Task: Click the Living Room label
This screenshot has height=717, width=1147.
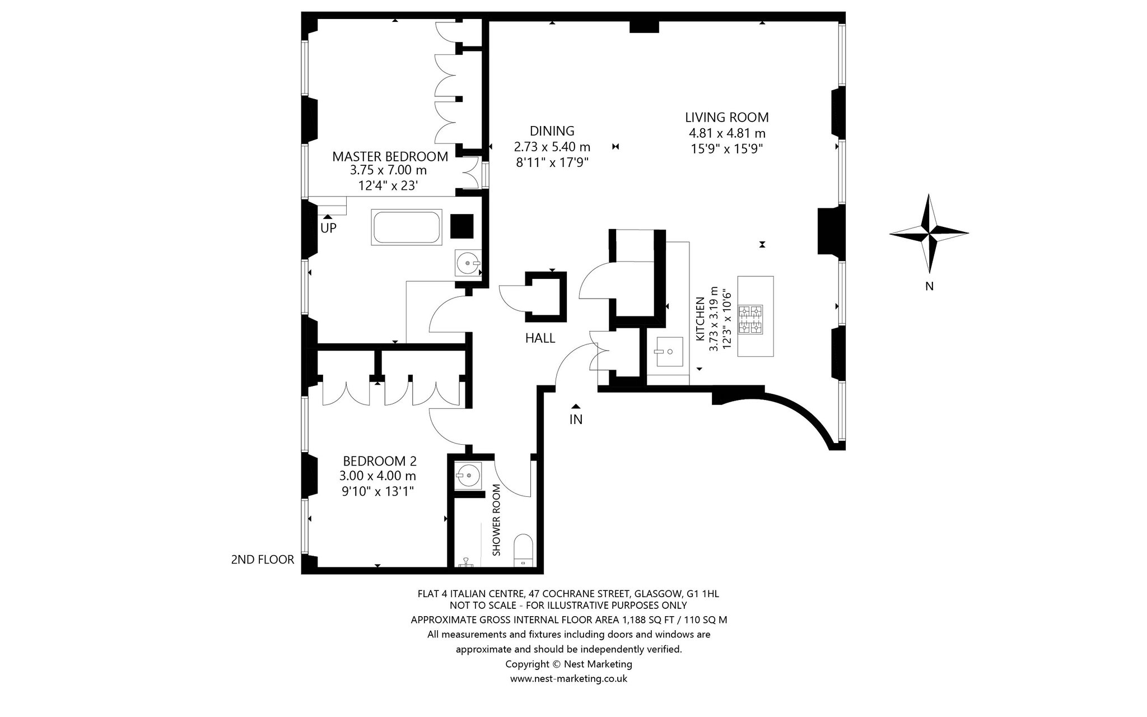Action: pyautogui.click(x=726, y=118)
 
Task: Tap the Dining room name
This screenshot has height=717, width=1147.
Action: pyautogui.click(x=552, y=131)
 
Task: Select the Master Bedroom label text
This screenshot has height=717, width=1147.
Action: pyautogui.click(x=390, y=157)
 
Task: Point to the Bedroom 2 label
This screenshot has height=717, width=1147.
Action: pyautogui.click(x=380, y=461)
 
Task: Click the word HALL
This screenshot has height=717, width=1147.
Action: pyautogui.click(x=540, y=338)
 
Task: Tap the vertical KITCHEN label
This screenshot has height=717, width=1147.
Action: pyautogui.click(x=700, y=319)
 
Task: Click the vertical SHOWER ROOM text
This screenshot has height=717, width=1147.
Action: pyautogui.click(x=496, y=520)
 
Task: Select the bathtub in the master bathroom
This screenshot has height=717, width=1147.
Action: pyautogui.click(x=407, y=227)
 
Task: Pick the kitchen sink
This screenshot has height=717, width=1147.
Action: pyautogui.click(x=668, y=352)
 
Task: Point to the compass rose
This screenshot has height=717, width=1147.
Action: pyautogui.click(x=929, y=232)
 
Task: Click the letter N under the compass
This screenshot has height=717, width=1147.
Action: pyautogui.click(x=929, y=286)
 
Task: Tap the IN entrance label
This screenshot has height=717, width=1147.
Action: pyautogui.click(x=576, y=420)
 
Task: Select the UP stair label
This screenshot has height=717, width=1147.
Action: pyautogui.click(x=328, y=229)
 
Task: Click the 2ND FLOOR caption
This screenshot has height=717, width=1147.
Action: pyautogui.click(x=263, y=559)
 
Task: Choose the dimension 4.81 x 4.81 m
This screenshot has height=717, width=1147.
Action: pyautogui.click(x=727, y=133)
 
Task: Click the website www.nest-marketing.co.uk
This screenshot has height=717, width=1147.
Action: pyautogui.click(x=568, y=679)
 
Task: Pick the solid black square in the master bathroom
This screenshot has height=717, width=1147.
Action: pyautogui.click(x=463, y=226)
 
